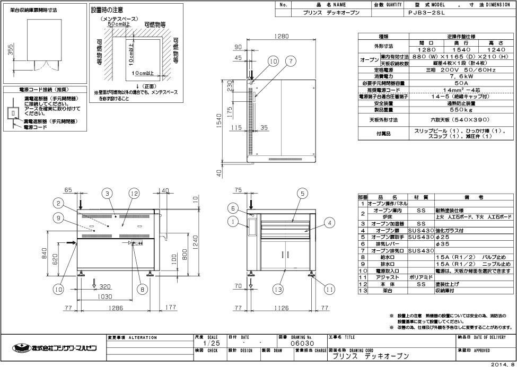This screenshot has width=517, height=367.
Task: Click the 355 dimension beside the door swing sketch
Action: point(11,49)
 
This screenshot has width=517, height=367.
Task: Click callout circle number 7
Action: point(291,62)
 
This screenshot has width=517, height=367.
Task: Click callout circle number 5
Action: point(302,194)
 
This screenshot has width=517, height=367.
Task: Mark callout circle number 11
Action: point(330,290)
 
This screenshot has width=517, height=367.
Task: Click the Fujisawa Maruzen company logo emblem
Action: point(20,348)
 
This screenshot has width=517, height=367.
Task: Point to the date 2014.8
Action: point(502,364)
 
